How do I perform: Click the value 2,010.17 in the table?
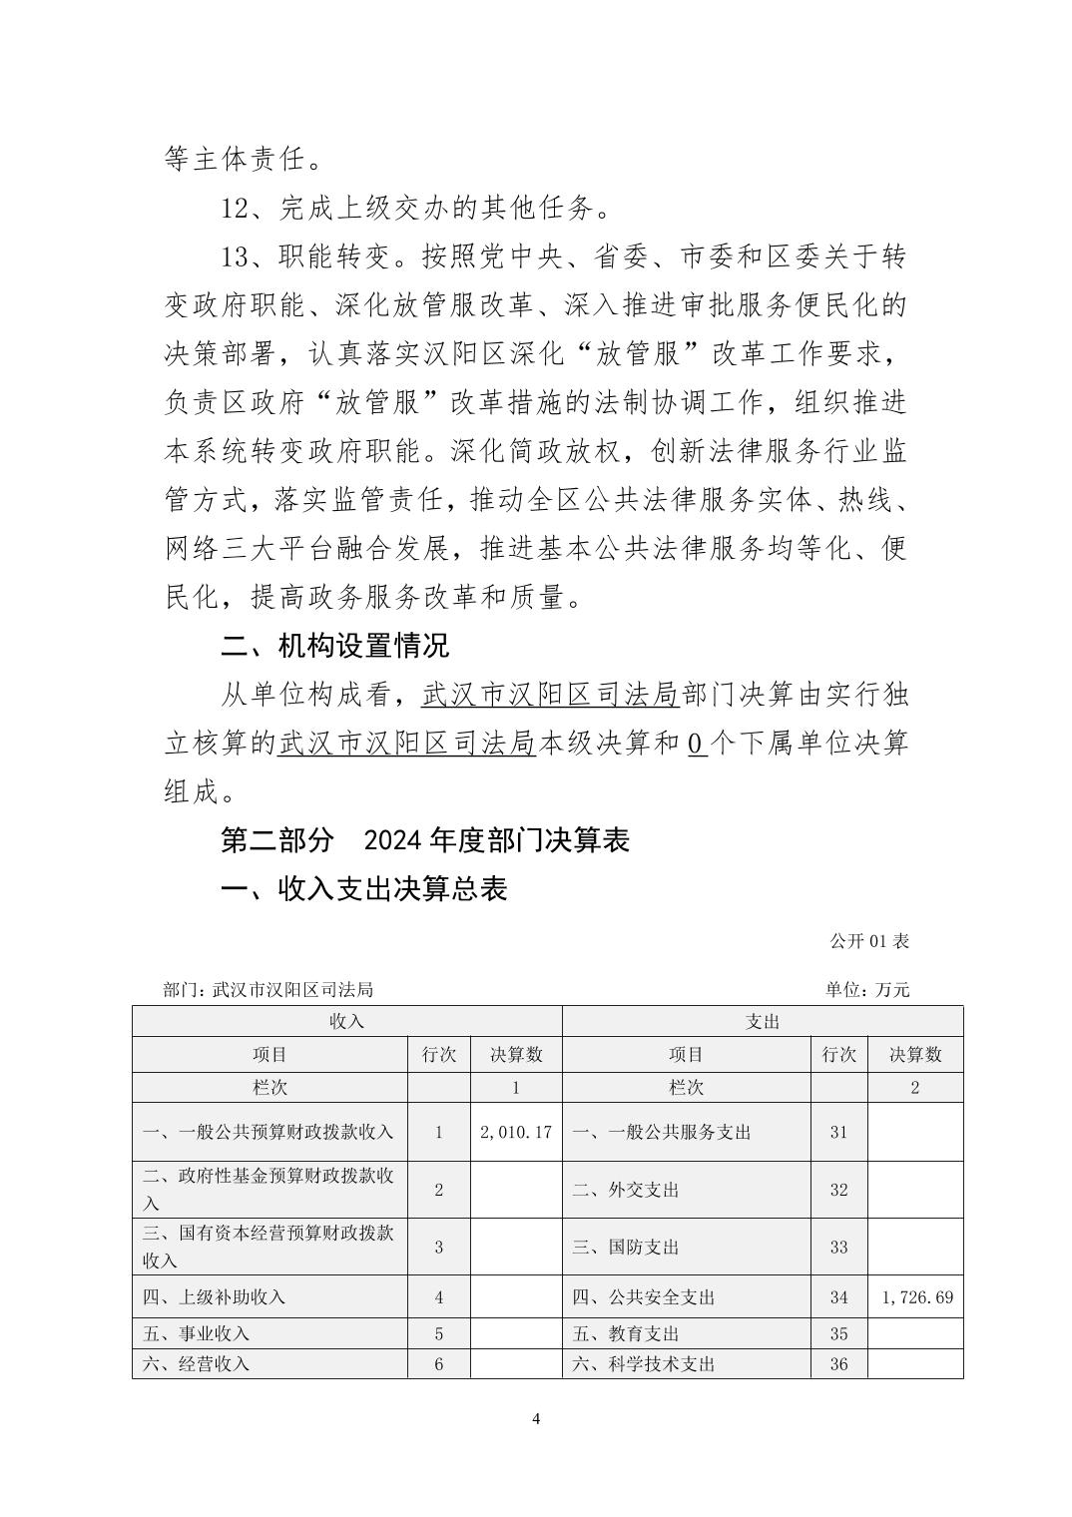[515, 1132]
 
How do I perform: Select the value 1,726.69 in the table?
[916, 1297]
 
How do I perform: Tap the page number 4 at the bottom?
[536, 1419]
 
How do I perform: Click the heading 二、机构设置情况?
[334, 646]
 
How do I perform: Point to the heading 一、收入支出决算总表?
[364, 888]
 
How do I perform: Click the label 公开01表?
[868, 941]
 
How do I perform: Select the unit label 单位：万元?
[867, 990]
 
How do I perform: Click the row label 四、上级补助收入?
[214, 1297]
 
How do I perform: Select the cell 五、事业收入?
[196, 1333]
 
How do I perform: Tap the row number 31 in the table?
[838, 1132]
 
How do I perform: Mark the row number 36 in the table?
[838, 1364]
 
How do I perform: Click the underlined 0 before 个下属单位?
[698, 744]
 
